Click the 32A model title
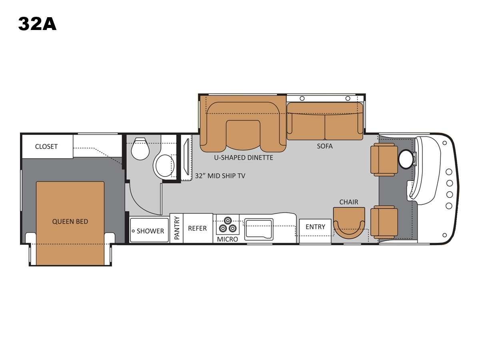[x=37, y=24]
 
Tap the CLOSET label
[x=46, y=146]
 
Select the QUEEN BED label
[x=70, y=222]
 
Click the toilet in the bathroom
[x=140, y=149]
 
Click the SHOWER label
[x=150, y=231]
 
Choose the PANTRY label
[x=177, y=228]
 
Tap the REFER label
[x=197, y=228]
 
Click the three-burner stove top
[x=228, y=225]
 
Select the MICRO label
[x=228, y=239]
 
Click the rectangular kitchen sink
[x=259, y=229]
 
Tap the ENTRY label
[x=315, y=227]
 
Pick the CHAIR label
[x=349, y=202]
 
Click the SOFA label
[x=325, y=146]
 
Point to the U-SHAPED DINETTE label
[x=244, y=158]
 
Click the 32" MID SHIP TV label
[x=220, y=176]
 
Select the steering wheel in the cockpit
[x=406, y=159]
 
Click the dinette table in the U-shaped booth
[x=243, y=135]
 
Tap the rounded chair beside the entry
[x=349, y=223]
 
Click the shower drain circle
[x=133, y=231]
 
